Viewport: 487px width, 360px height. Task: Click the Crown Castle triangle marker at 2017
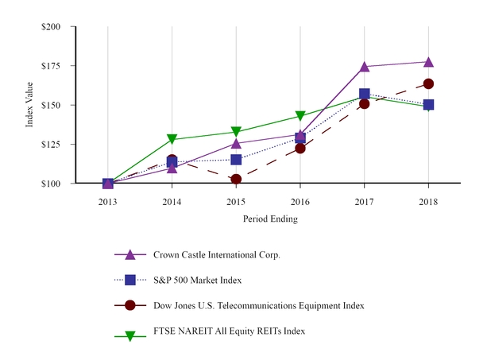point(364,67)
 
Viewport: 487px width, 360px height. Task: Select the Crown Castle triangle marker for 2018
point(428,62)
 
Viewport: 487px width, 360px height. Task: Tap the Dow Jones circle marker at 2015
point(236,180)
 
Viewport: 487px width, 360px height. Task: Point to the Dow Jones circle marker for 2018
point(428,83)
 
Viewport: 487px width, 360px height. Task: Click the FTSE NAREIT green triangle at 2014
point(172,140)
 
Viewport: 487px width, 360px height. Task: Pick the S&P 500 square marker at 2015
point(236,160)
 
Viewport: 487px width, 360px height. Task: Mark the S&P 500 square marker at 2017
point(364,94)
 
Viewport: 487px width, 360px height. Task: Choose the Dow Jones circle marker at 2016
point(300,148)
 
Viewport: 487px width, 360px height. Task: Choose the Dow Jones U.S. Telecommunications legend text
point(242,305)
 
